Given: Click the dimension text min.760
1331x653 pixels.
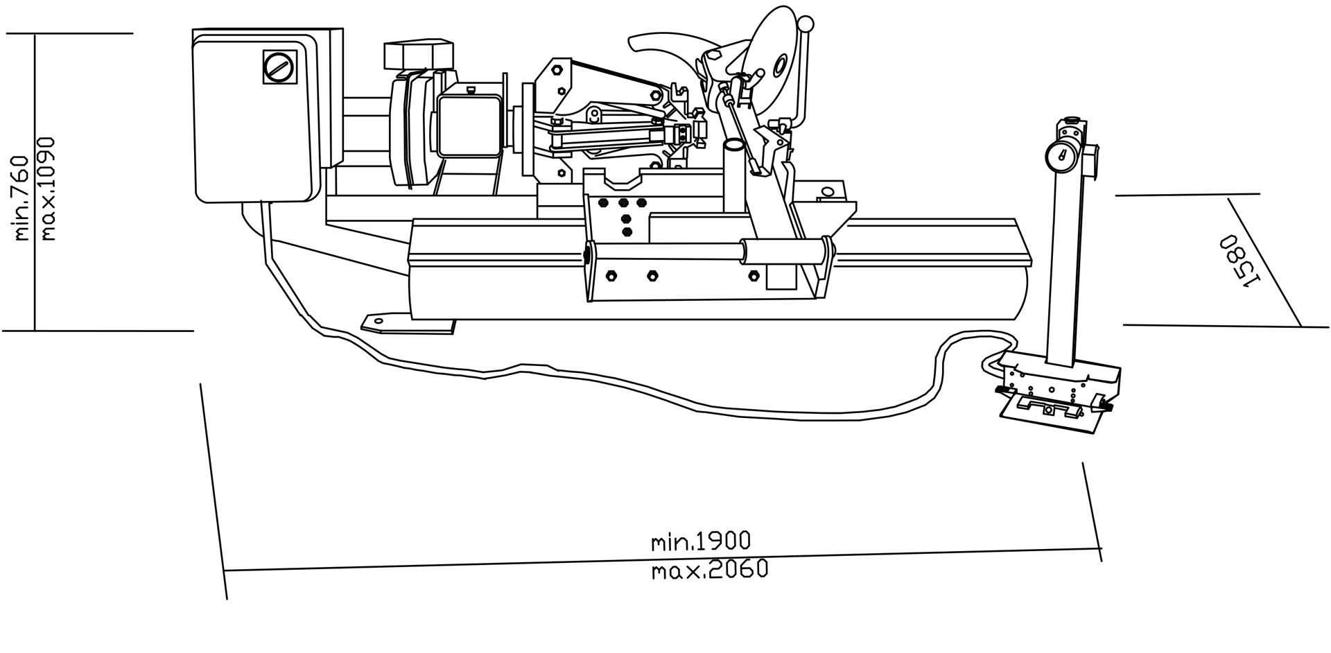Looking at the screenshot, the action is (x=21, y=198).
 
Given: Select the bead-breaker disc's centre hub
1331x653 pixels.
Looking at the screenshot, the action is (x=780, y=66).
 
